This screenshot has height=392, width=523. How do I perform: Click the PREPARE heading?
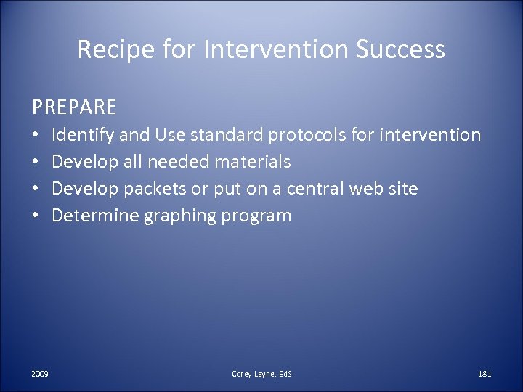tap(73, 107)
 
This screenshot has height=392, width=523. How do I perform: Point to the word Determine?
tap(92, 215)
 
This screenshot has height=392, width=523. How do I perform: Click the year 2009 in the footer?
tap(40, 373)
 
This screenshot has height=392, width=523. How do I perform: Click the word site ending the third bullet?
tap(402, 188)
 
